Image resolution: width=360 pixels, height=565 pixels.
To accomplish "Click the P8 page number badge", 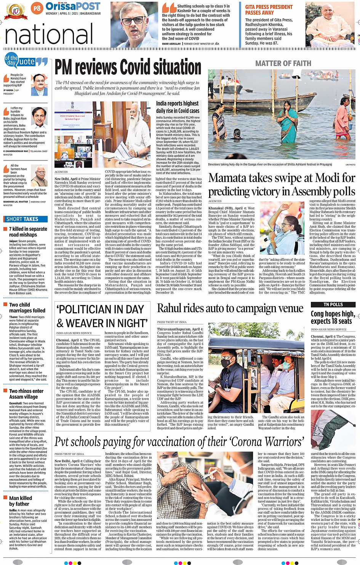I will point(37,8).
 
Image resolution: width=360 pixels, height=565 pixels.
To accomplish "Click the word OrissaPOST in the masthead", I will point(73,6).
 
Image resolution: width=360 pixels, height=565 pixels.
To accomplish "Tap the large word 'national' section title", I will point(49,35).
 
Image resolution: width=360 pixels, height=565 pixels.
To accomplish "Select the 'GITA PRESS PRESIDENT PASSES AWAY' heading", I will point(269,10).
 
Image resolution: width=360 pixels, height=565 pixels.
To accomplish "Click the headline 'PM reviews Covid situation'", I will point(128,68).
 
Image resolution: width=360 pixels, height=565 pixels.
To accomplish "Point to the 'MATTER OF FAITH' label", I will point(283,64).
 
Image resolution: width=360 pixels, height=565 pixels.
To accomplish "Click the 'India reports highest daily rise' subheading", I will point(178,107).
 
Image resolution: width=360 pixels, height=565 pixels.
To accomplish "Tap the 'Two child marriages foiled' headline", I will point(27,308).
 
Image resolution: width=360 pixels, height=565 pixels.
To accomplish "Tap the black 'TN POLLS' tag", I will point(333,305).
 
